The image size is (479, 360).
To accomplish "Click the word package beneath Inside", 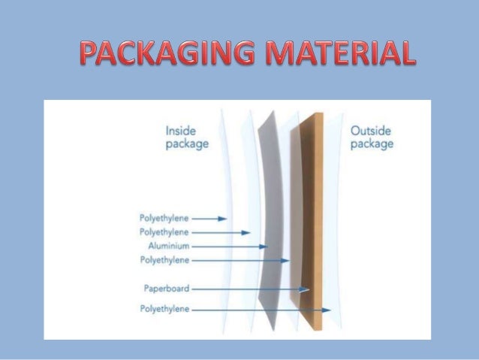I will [187, 144].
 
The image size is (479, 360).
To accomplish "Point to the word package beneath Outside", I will [372, 144].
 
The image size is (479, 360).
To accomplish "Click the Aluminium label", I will [169, 246].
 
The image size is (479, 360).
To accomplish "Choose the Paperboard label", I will [167, 288].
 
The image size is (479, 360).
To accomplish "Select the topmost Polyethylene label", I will [164, 219].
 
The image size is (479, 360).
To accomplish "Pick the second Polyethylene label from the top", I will [164, 232].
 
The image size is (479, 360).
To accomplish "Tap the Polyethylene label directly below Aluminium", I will [164, 260].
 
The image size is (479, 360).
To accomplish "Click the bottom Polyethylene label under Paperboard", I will [164, 308].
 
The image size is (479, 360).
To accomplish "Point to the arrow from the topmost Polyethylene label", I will [210, 219].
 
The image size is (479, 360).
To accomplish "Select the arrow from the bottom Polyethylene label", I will [263, 309].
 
